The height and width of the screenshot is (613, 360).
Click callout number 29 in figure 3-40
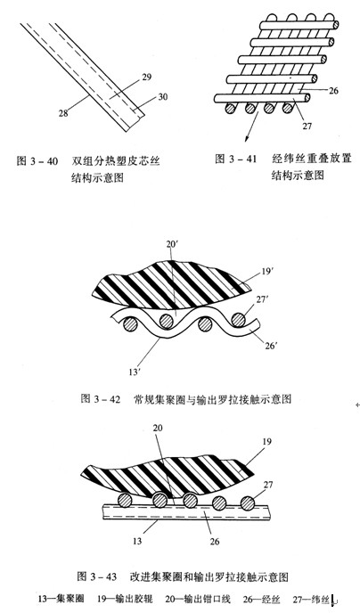146,77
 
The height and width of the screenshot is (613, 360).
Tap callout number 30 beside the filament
162,96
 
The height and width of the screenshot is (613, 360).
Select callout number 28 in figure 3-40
63,113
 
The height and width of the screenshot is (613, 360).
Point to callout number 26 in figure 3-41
334,91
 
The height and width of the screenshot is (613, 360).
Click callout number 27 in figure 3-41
307,126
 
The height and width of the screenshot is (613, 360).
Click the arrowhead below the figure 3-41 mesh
247,140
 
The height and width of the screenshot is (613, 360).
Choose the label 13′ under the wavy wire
135,372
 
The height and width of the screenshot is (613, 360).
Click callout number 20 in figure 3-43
157,428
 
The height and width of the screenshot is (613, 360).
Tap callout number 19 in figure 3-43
267,442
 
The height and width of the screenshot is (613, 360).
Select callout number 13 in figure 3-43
137,542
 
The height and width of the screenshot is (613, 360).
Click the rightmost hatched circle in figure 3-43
248,503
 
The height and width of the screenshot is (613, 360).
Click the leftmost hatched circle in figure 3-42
130,324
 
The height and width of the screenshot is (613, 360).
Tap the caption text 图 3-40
37,161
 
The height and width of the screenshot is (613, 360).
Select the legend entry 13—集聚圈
61,599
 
